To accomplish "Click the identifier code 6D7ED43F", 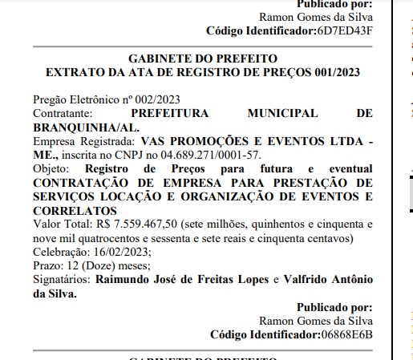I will pos(344,31).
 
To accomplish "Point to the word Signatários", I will pos(62,280).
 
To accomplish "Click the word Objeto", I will pos(51,168).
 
